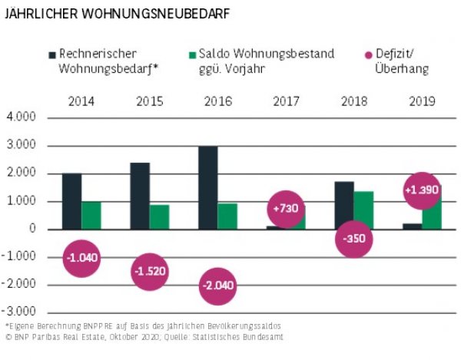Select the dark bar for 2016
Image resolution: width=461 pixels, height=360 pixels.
coord(207,187)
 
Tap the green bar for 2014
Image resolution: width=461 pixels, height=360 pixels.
coord(91,215)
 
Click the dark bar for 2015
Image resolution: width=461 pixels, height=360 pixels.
coord(140,195)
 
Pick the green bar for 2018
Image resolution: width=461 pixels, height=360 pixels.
coord(363,209)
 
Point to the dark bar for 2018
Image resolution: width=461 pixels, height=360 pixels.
coord(343,205)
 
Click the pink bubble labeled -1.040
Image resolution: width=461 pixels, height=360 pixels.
coord(82,258)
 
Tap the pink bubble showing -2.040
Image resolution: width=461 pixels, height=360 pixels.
coord(217,286)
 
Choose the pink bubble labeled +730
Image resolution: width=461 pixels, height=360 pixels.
coord(285,209)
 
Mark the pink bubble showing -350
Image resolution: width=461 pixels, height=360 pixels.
coord(353,239)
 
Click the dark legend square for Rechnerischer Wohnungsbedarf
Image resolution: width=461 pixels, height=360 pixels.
coord(51,55)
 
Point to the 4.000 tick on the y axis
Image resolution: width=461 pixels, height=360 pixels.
coord(22,118)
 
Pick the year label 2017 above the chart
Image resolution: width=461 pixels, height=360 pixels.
coord(285,101)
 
